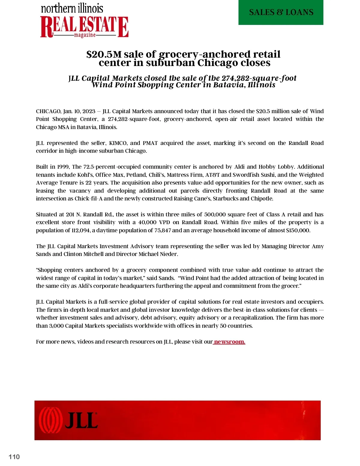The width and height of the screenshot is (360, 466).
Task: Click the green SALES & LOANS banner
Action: pyautogui.click(x=281, y=12)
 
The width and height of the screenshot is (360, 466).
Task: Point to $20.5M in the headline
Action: pyautogui.click(x=104, y=54)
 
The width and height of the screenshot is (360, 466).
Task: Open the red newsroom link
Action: pyautogui.click(x=229, y=342)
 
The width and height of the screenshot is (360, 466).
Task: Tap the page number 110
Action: pyautogui.click(x=14, y=457)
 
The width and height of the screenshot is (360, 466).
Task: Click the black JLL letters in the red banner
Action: pyautogui.click(x=81, y=420)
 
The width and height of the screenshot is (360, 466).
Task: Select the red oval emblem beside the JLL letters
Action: pyautogui.click(x=50, y=420)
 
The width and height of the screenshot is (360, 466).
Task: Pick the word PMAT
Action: pyautogui.click(x=150, y=143)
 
